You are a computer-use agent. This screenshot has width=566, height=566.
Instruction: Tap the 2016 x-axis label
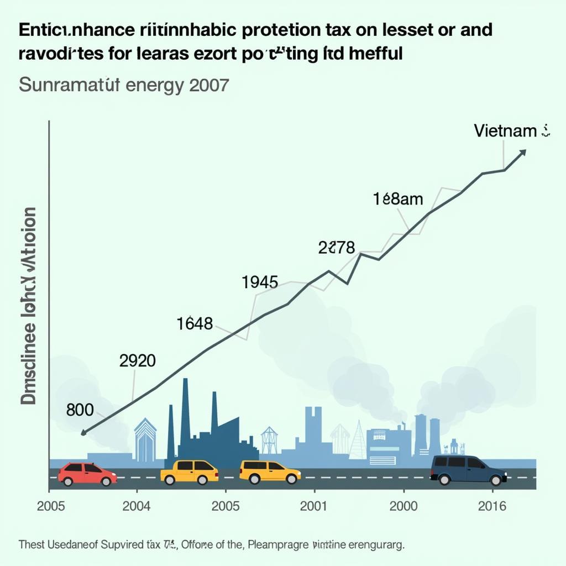pos(491,507)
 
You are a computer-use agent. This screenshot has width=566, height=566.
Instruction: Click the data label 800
pos(80,410)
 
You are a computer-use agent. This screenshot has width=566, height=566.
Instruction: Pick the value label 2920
pos(137,361)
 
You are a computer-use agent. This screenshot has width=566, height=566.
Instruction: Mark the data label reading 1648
pos(195,324)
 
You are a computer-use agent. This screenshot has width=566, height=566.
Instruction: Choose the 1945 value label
pos(260,282)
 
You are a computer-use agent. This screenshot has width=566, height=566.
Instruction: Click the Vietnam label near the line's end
pos(505,130)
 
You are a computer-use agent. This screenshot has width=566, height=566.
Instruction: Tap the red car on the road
pos(87,474)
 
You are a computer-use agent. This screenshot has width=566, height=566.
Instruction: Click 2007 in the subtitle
pos(209,86)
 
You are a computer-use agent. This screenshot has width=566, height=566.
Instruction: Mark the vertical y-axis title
pos(29,306)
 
